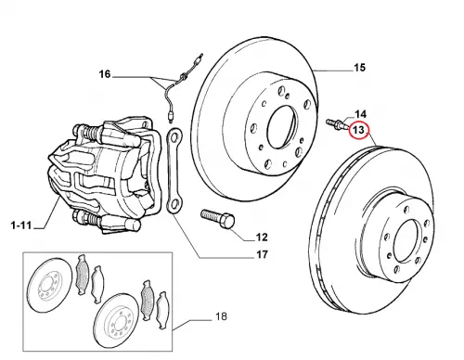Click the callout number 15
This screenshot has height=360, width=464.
tap(359, 68)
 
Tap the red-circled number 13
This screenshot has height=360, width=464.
tap(358, 130)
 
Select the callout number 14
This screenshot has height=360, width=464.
tap(360, 114)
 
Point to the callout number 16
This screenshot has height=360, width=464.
tap(105, 74)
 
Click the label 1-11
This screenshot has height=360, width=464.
tap(21, 225)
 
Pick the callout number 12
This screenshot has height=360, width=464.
tap(262, 238)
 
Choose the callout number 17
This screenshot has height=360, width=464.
tap(262, 254)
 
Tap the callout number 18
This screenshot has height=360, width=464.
tap(221, 316)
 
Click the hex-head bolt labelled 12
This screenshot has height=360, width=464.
tap(218, 218)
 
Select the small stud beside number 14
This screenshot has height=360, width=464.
tap(338, 123)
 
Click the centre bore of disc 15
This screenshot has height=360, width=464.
tap(281, 127)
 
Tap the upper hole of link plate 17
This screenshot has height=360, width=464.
tap(174, 136)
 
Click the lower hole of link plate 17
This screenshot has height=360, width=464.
tap(174, 204)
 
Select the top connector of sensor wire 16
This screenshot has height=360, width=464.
tap(200, 59)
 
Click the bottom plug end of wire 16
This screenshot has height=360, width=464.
tap(171, 117)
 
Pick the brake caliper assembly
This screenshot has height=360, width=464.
tap(105, 174)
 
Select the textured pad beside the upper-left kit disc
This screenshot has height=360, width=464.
tap(83, 275)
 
